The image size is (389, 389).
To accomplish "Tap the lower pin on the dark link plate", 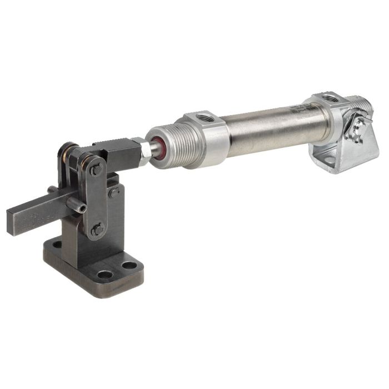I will point(98,228).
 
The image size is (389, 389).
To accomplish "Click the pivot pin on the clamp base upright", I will point(114,193).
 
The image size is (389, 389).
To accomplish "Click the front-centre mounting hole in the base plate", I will point(104,275).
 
